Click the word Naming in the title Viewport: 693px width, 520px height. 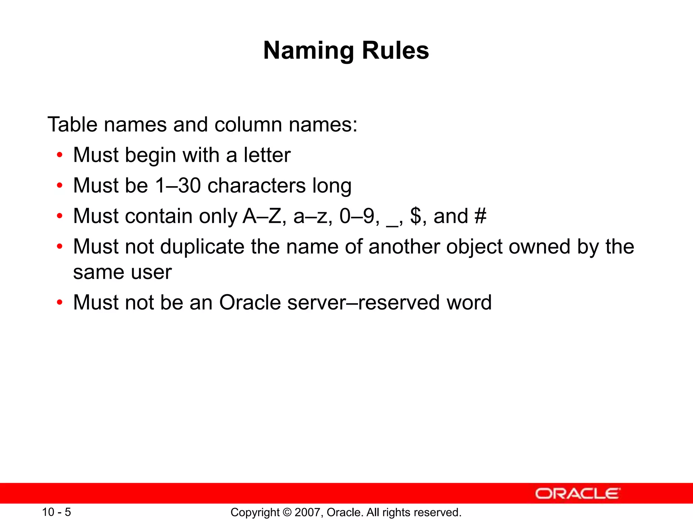(x=308, y=51)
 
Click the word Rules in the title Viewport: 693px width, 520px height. (x=395, y=51)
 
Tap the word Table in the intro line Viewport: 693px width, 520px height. (x=72, y=125)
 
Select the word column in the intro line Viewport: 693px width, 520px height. (x=248, y=125)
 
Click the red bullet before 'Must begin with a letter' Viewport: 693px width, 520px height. (x=60, y=155)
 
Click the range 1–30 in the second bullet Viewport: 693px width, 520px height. (x=178, y=186)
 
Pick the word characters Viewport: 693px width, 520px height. (x=256, y=186)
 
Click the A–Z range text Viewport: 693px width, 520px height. (x=262, y=216)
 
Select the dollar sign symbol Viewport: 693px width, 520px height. (x=416, y=216)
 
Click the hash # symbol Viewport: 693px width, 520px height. (x=480, y=216)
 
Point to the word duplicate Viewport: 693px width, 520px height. (x=202, y=247)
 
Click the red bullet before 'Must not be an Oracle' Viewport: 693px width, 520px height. (x=60, y=302)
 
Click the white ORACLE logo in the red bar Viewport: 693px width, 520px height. (x=578, y=494)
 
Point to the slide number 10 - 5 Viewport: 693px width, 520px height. (x=57, y=512)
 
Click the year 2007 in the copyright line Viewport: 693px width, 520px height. (x=306, y=513)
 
